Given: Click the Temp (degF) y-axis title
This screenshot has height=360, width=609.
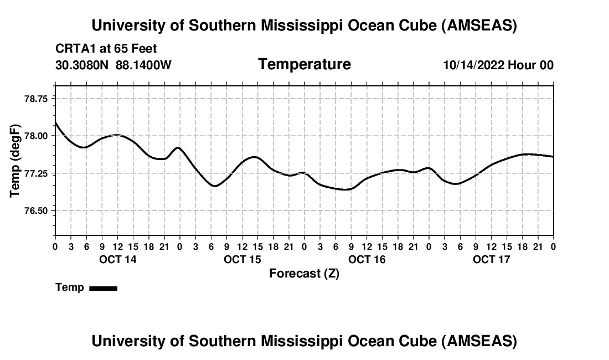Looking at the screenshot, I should [x=15, y=161].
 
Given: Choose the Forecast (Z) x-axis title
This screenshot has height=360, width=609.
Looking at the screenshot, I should [x=304, y=273].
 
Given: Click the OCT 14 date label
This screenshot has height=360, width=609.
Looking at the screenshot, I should [x=118, y=260].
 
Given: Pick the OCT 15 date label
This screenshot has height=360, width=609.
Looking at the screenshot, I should [x=242, y=260].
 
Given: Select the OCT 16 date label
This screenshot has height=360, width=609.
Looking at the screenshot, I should [x=367, y=260].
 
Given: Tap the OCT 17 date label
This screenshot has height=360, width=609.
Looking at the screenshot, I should [x=492, y=260].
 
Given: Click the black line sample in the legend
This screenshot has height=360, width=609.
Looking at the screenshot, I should [x=104, y=288].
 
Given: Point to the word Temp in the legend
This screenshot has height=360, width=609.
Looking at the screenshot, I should [x=70, y=287].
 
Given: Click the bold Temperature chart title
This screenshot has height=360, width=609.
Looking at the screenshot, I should [x=304, y=64].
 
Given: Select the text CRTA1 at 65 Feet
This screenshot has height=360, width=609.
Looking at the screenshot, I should [x=106, y=49].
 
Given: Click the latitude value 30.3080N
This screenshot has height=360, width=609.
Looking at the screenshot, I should [x=82, y=65].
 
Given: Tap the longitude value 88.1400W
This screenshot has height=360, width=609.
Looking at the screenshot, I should [x=143, y=65].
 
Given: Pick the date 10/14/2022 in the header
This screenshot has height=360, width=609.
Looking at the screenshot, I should [x=473, y=65].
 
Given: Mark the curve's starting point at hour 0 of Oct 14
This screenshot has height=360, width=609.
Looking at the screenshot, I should [x=55, y=122].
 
